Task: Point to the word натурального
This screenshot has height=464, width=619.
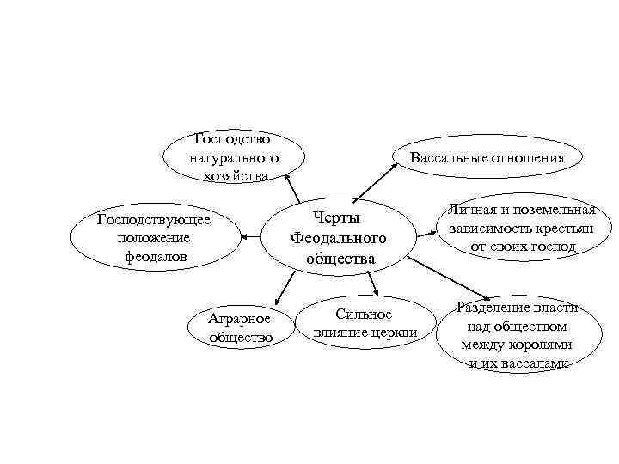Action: click(233, 157)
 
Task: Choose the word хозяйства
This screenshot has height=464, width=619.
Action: click(235, 176)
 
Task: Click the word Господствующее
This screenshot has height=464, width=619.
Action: click(154, 219)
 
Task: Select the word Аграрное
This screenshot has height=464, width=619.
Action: click(240, 319)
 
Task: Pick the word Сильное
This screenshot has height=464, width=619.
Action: click(364, 314)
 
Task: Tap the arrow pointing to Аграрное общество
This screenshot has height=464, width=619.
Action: click(279, 290)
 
